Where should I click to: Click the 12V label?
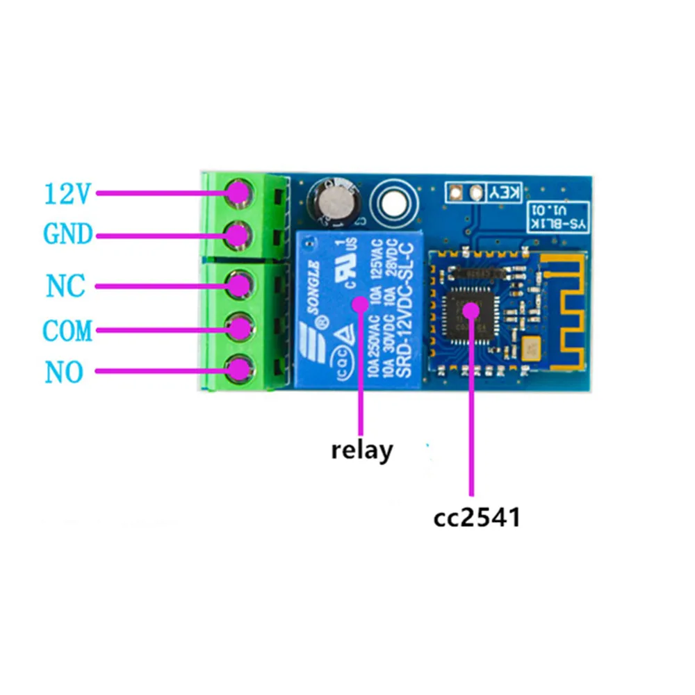67,194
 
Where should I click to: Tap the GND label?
68,235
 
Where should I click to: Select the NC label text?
66,286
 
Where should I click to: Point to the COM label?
67,330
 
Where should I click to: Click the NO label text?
65,373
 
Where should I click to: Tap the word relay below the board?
361,450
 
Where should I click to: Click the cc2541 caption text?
476,518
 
